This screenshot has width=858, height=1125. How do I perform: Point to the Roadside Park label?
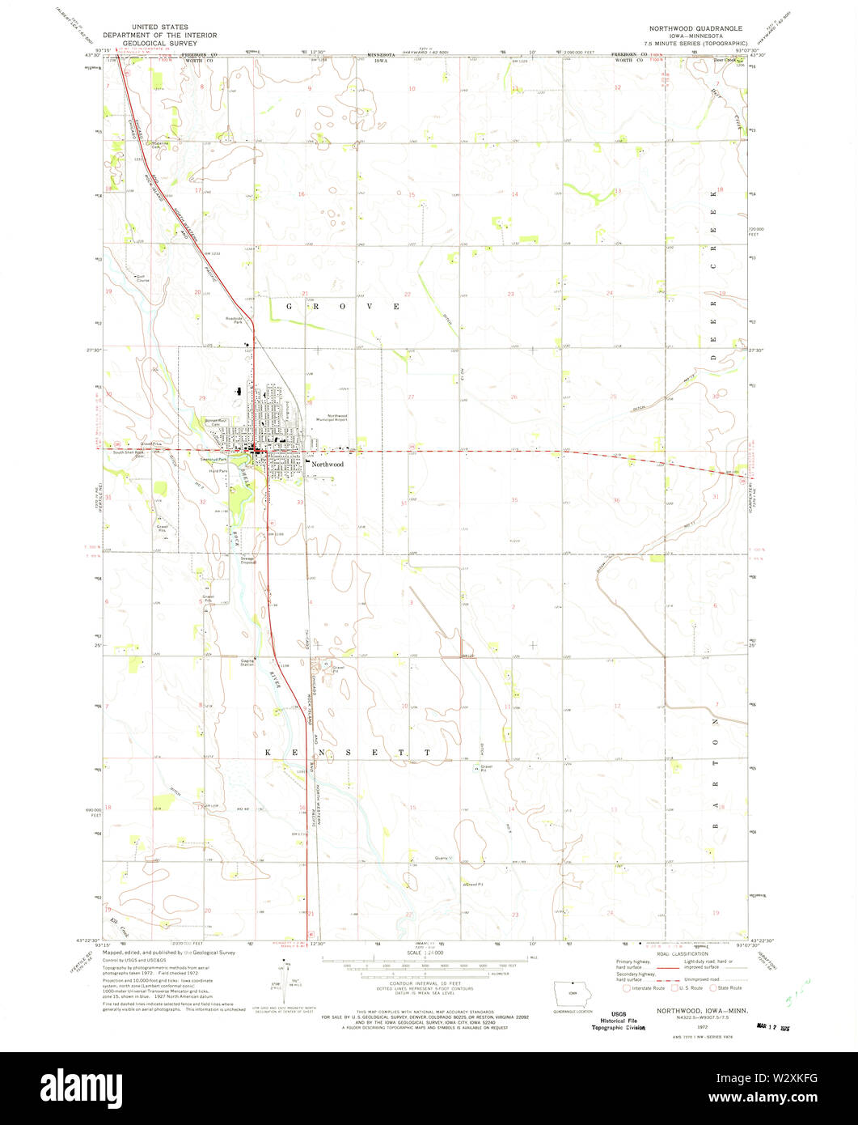coord(235,320)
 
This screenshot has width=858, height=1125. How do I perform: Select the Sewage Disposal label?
coord(247,560)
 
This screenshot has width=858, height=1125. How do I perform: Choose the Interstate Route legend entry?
coord(645,987)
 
